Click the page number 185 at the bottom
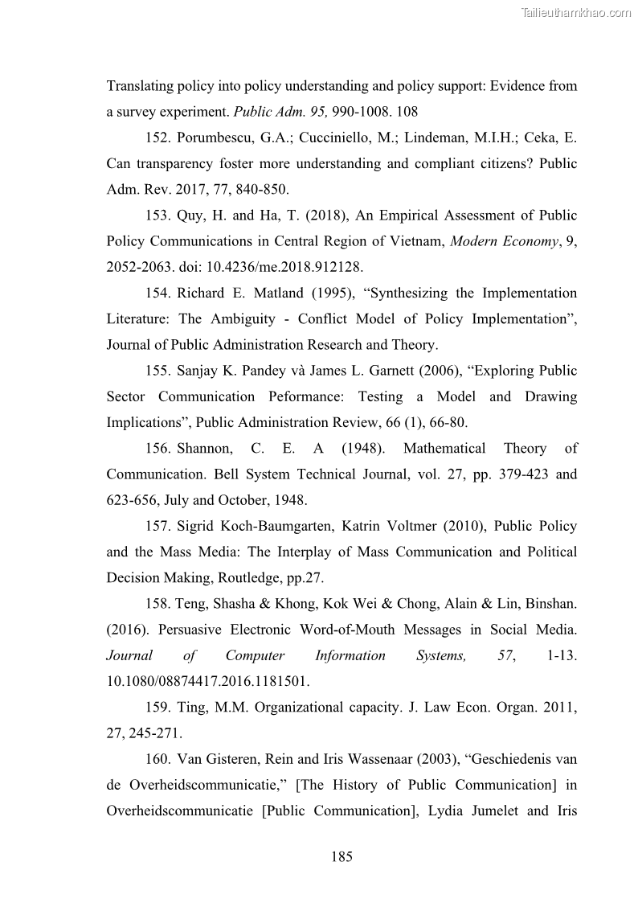pyautogui.click(x=341, y=856)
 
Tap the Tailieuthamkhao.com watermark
pyautogui.click(x=576, y=12)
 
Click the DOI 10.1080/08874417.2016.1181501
pyautogui.click(x=207, y=682)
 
